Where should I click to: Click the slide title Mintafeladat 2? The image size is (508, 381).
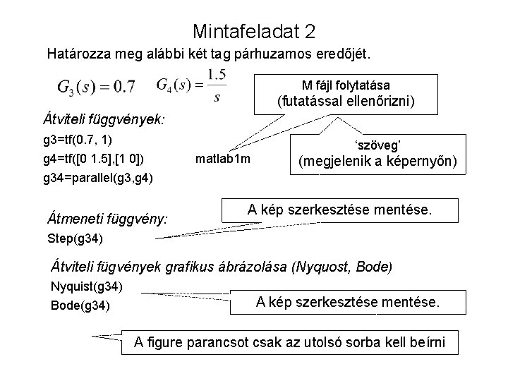coord(253,32)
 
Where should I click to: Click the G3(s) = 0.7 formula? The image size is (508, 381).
coord(97,87)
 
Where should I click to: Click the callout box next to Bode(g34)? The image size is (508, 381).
coord(348,302)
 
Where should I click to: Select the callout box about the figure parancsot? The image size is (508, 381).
coord(289,344)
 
